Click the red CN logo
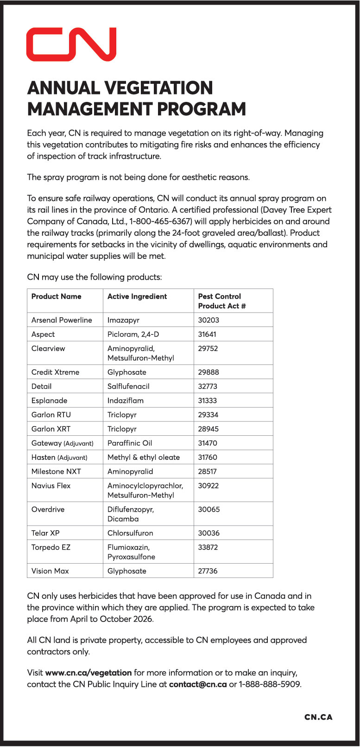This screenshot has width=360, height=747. (71, 44)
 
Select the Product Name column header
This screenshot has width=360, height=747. (56, 296)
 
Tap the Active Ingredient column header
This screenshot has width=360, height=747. (137, 296)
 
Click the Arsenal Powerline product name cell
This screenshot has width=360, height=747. (62, 320)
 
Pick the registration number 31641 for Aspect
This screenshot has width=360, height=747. (207, 334)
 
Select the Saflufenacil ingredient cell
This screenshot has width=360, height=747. (128, 386)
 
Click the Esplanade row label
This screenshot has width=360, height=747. (49, 401)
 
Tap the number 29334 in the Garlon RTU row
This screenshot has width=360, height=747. (208, 415)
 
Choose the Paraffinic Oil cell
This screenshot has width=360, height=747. (130, 443)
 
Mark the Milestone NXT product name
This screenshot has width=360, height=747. (56, 471)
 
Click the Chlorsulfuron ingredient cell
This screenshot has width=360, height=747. (130, 533)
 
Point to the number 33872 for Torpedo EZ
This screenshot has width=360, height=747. (208, 547)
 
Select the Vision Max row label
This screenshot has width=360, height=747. (50, 571)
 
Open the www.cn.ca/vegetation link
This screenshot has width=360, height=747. (88, 672)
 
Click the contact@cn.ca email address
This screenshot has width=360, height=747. (198, 684)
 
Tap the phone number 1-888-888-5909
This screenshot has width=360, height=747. (270, 684)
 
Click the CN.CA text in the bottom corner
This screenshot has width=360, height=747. (318, 717)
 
